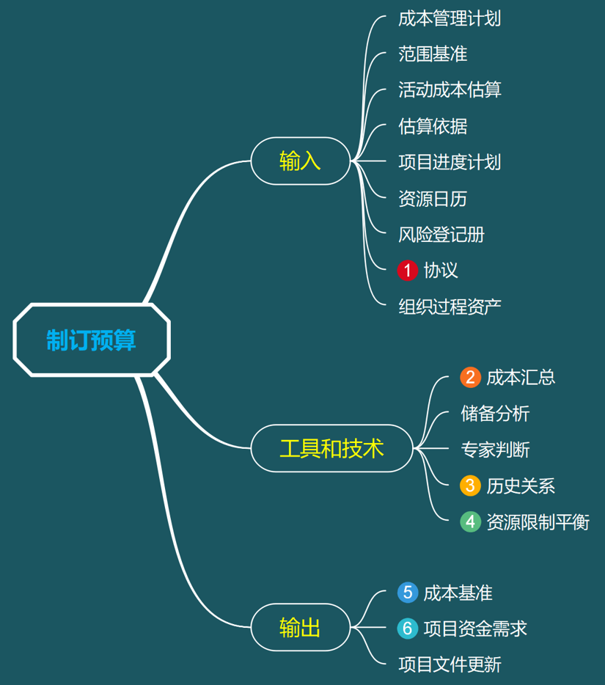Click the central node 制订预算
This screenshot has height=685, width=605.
tap(92, 340)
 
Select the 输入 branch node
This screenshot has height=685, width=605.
tap(300, 161)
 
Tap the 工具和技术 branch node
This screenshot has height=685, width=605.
tap(331, 448)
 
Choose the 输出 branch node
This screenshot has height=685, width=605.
tap(300, 628)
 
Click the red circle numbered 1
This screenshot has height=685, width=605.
tap(407, 270)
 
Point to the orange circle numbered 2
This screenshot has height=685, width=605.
tap(470, 377)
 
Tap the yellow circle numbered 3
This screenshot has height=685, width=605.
tap(470, 486)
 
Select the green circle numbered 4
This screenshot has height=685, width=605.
tap(470, 521)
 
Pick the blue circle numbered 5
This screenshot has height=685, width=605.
tap(407, 593)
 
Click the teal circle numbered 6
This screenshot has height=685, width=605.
tap(407, 629)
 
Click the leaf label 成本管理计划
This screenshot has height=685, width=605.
tap(450, 18)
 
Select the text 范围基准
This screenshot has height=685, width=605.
tap(433, 54)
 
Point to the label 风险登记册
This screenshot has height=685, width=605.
tap(441, 235)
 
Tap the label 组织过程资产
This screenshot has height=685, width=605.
tap(450, 307)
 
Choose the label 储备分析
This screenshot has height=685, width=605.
tap(495, 414)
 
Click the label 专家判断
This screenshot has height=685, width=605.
tap(495, 450)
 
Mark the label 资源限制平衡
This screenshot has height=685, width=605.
tap(538, 521)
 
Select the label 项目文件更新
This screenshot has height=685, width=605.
tap(450, 665)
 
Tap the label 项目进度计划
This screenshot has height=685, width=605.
tap(450, 162)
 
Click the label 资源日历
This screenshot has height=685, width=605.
tap(433, 199)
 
